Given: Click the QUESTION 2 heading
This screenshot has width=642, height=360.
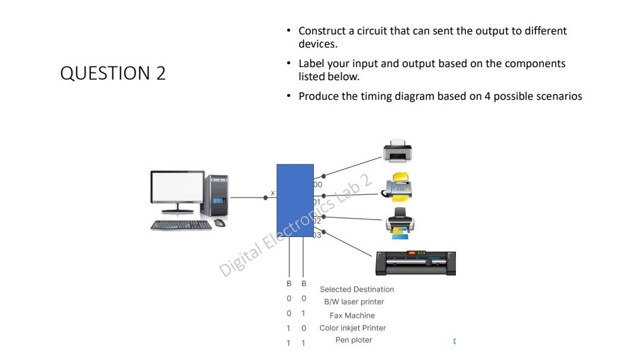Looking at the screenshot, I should coord(113,74).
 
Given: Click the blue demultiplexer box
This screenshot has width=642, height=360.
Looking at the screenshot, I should coord(295,201).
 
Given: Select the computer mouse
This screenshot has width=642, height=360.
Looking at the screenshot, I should coord(219,223).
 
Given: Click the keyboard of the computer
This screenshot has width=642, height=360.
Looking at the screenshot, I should coord(181,225).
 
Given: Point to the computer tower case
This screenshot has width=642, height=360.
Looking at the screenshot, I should coord(216,197).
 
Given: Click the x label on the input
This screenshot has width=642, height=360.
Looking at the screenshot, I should coord(273,193).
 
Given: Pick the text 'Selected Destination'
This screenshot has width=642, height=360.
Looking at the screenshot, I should coord(357,289).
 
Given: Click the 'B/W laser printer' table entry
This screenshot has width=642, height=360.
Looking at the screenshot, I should coord(354,302).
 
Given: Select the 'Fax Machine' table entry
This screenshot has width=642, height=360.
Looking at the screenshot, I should coord(352,315).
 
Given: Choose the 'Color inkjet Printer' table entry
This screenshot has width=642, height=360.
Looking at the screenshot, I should coord(353,328).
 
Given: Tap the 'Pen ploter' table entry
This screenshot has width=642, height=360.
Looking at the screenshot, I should coord(354,340).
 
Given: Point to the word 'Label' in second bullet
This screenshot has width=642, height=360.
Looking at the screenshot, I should coord(310,64).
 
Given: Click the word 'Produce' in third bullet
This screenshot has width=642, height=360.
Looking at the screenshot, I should coord(316,97).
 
